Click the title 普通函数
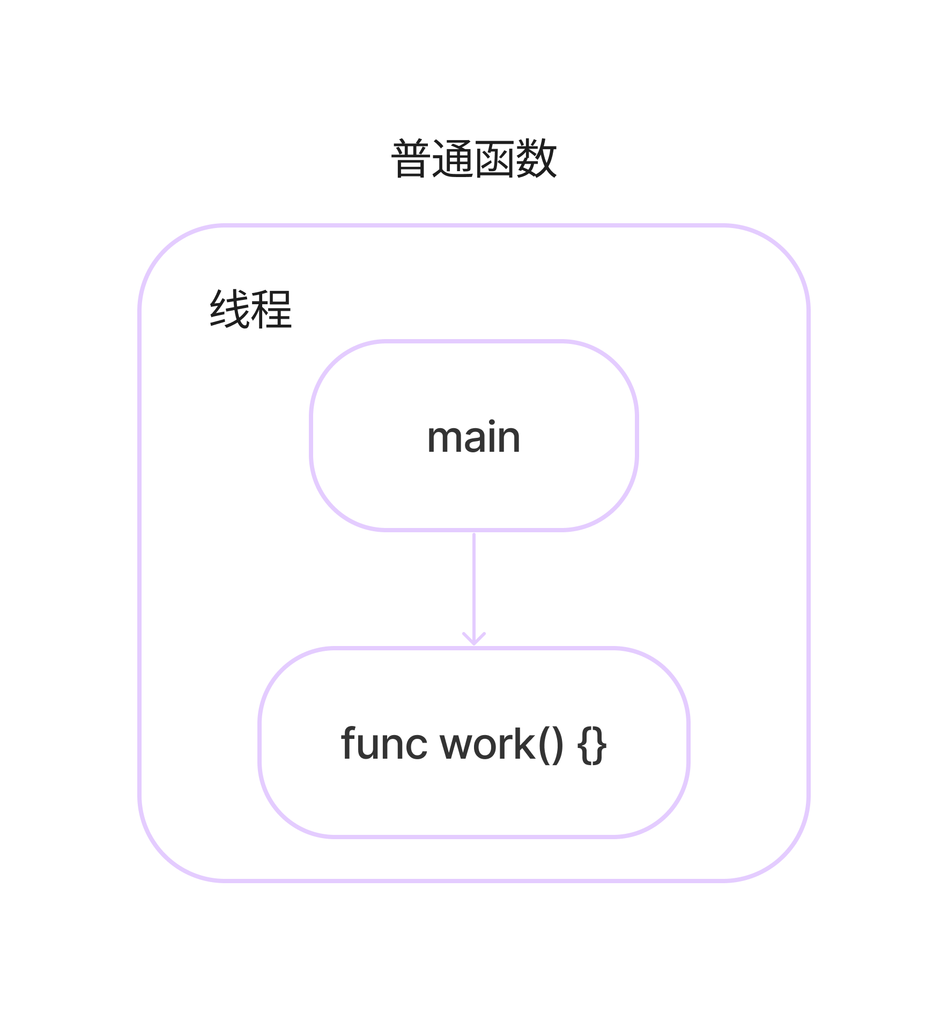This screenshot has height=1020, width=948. tap(474, 159)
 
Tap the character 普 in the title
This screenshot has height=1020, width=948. tap(411, 159)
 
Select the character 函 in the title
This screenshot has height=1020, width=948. tap(494, 159)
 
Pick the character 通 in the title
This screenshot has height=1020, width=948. tap(453, 159)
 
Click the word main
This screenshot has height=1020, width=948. tap(473, 437)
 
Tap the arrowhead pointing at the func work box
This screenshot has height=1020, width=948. tap(474, 640)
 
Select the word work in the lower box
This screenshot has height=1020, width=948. tap(487, 745)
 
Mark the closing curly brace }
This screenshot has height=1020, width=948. tap(599, 745)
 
